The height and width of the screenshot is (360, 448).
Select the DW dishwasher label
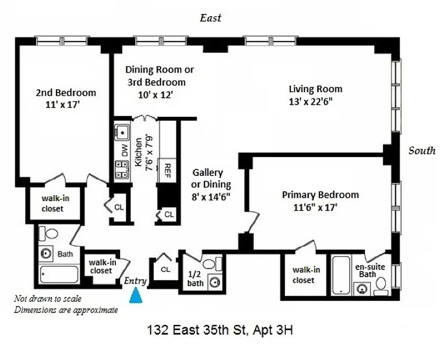coord(124,148)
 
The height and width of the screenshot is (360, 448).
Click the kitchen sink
coord(122,132)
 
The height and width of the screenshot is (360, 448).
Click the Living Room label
coord(315,89)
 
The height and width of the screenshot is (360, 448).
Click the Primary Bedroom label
coord(320,195)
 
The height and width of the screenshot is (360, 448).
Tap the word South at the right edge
coord(422,151)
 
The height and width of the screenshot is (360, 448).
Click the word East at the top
coord(210,18)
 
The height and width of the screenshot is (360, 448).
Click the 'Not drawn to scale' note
coord(48,298)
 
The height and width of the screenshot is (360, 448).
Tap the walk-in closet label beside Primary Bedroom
coord(306,275)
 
